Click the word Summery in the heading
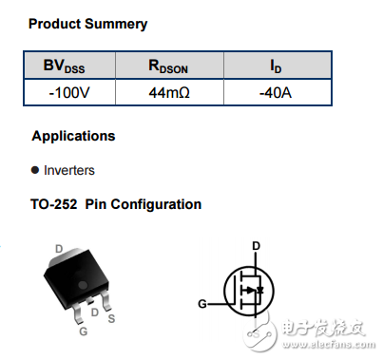coord(116,23)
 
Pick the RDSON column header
coord(168,66)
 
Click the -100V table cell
coord(69,93)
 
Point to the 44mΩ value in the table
coord(168,93)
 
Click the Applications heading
coord(73,136)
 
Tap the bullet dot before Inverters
coord(35,171)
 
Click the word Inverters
coord(69,171)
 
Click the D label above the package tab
coord(59,249)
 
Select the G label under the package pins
coord(84,332)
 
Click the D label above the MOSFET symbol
coord(256,246)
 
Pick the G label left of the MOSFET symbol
coord(201,304)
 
